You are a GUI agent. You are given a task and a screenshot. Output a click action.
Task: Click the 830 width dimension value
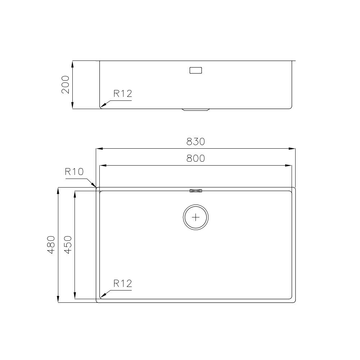tap(195, 141)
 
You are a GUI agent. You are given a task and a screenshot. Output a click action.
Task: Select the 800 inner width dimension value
tap(195, 158)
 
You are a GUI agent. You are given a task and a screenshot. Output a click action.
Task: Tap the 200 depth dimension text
tap(65, 85)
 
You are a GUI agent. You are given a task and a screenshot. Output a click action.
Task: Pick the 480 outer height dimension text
tap(51, 245)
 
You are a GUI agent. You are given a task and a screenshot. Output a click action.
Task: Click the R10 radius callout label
tap(74, 172)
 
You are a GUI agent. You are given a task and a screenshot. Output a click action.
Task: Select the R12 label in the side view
tap(123, 94)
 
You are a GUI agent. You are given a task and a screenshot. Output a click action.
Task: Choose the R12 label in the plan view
tap(123, 284)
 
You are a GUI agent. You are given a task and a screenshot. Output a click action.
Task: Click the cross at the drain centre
tap(195, 217)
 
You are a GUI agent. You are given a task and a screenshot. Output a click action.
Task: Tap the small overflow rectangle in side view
tap(195, 70)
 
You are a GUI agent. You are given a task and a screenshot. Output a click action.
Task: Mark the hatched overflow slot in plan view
tap(195, 190)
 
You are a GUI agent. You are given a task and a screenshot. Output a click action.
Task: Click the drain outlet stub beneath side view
tap(195, 110)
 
